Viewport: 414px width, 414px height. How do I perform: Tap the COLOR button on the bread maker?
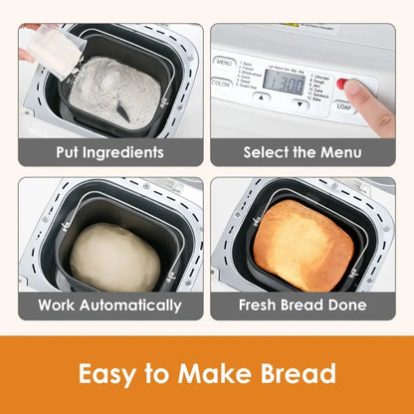tap(222, 84)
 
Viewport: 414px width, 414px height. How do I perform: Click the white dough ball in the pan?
tap(114, 257)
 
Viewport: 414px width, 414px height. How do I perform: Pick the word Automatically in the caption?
tap(133, 306)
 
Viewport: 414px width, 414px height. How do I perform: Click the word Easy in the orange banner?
tap(111, 375)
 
